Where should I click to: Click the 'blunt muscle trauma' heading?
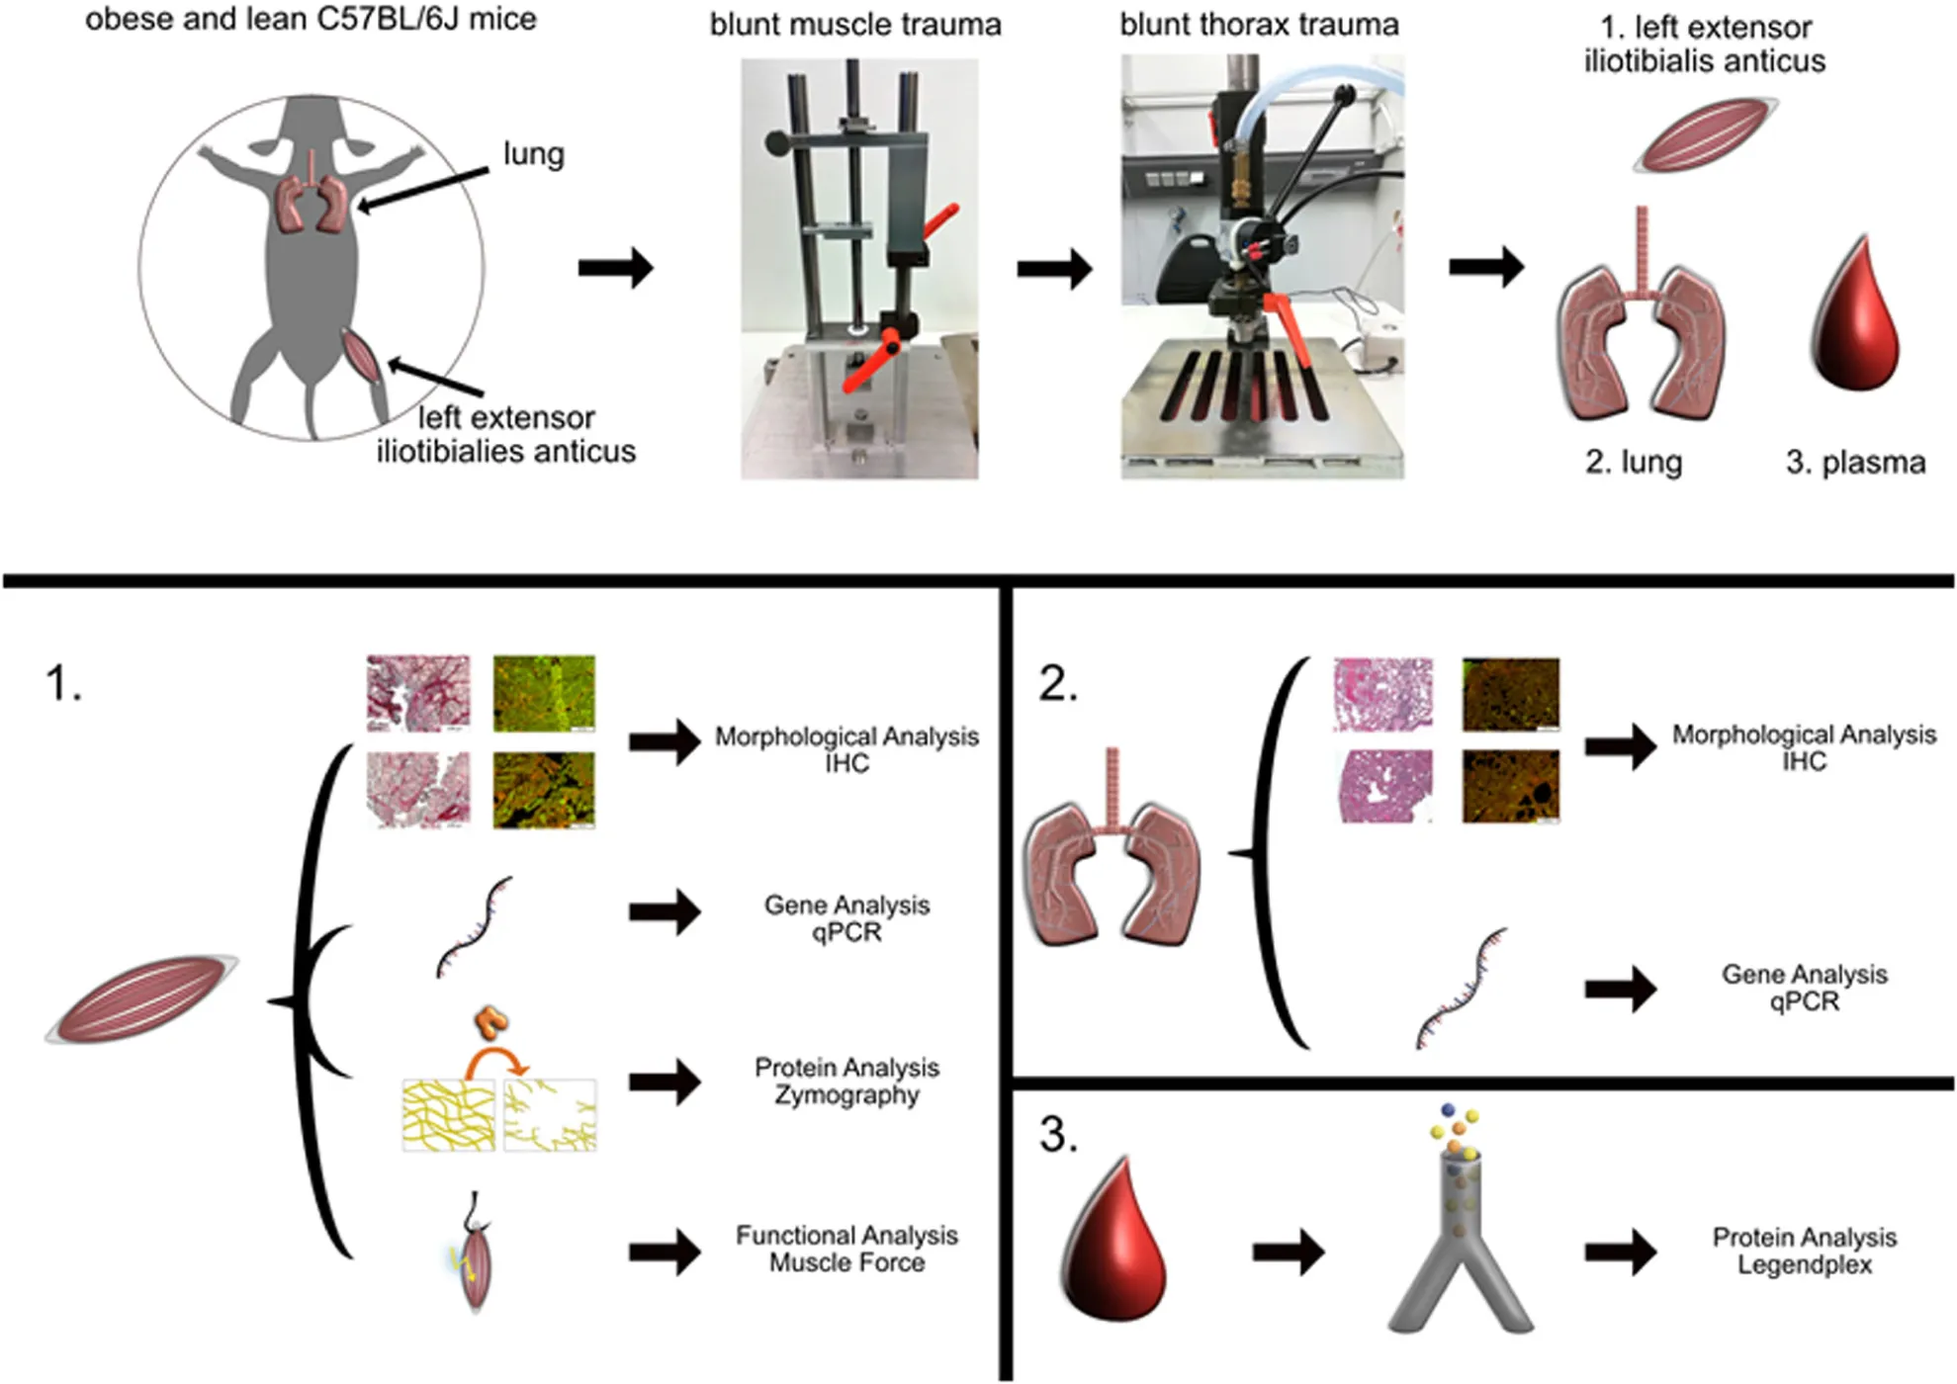[855, 25]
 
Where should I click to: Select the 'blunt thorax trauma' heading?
[1259, 25]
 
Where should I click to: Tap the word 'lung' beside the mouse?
[533, 154]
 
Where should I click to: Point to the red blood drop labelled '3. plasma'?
[1856, 316]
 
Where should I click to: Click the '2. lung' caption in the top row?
[1633, 462]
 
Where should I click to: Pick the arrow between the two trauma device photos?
[1054, 268]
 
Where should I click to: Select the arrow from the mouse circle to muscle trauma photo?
[615, 268]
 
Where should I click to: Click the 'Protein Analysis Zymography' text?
[846, 1081]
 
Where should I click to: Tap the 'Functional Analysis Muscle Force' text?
[846, 1249]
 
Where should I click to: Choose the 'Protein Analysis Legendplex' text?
[1804, 1251]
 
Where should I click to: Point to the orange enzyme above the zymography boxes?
[491, 1022]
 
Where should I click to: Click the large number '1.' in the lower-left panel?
[63, 683]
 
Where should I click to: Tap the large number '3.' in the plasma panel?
[1058, 1135]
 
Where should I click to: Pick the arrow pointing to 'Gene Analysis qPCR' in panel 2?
[1621, 989]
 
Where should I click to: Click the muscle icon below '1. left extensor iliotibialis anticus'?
[1704, 133]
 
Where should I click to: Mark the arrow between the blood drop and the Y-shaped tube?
[1289, 1253]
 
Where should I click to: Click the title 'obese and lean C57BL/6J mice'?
[311, 19]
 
